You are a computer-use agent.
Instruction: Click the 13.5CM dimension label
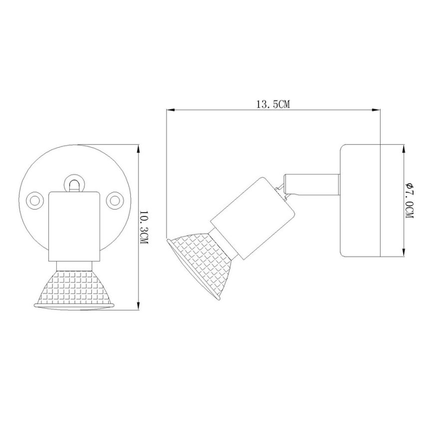272,104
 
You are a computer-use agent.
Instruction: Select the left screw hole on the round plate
35,200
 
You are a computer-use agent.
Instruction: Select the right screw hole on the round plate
115,200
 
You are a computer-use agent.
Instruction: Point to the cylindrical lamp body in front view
75,226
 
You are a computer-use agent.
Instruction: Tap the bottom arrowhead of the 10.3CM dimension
138,307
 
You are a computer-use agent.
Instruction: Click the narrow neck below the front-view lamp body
75,266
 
